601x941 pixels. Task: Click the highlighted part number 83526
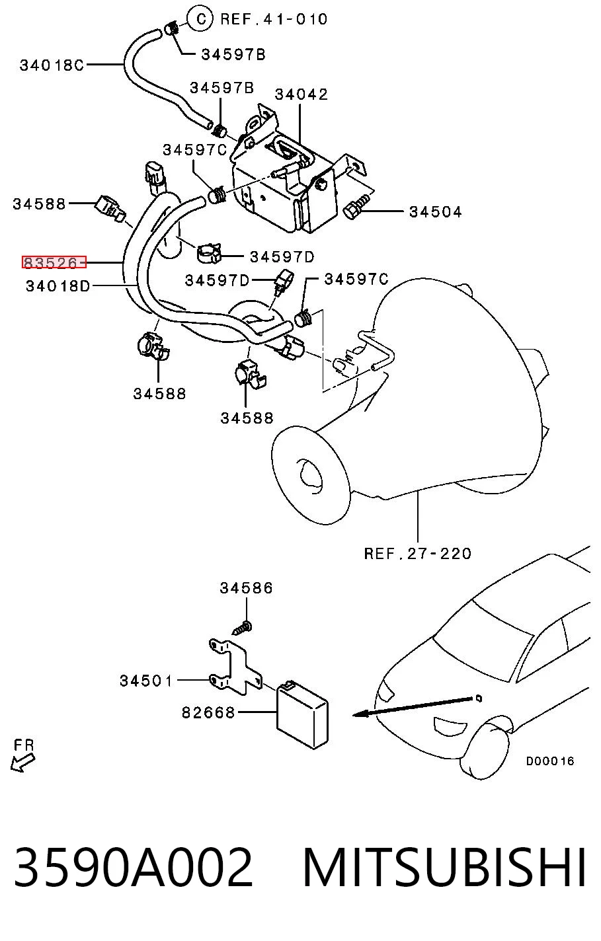(54, 262)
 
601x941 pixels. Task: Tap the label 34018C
(52, 65)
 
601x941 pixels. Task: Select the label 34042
(301, 94)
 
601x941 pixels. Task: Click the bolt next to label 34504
(357, 206)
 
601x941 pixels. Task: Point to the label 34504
(436, 211)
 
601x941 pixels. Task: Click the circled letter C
(201, 19)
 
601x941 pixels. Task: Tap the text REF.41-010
(274, 19)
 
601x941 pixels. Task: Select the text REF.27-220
(418, 553)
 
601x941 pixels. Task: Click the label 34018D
(58, 286)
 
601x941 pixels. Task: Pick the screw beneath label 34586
(242, 629)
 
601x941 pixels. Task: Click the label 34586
(246, 587)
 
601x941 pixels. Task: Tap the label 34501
(146, 681)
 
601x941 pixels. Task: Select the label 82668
(208, 712)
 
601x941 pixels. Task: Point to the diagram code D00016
(550, 761)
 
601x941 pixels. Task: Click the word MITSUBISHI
(444, 868)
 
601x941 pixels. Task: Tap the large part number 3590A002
(134, 868)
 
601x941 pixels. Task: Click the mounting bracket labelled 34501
(235, 667)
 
